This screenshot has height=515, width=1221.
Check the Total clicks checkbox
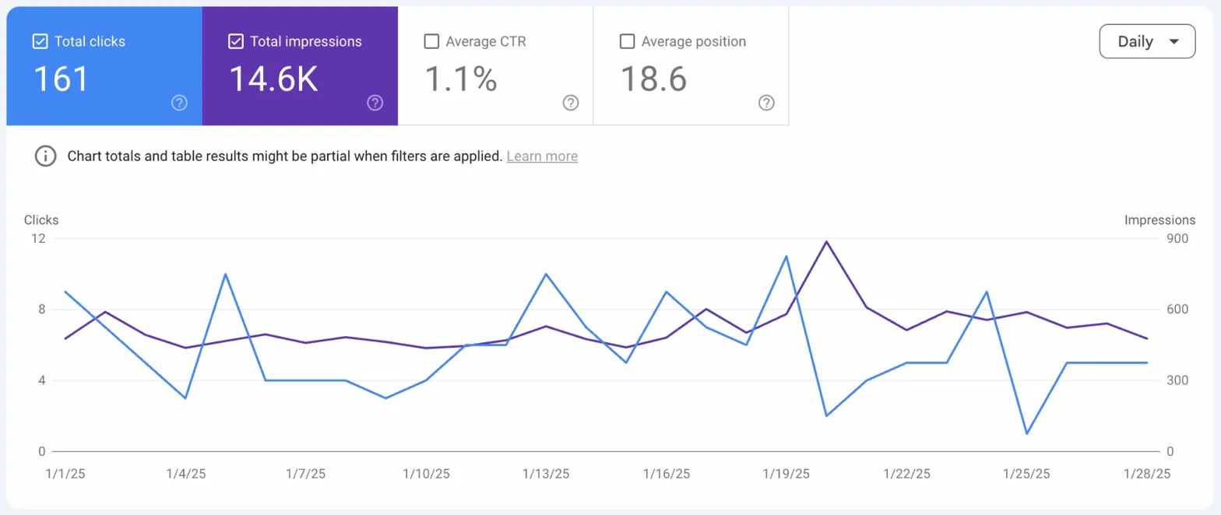point(40,41)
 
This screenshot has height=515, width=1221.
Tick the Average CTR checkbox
point(431,41)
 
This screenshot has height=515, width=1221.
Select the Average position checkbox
point(627,41)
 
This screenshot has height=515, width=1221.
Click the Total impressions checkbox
point(236,41)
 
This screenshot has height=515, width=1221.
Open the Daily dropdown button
point(1146,41)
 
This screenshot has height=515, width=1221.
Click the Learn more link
point(542,156)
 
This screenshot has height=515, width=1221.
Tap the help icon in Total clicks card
point(179,103)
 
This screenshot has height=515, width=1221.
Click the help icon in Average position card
point(766,103)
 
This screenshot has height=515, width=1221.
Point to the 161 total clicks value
point(61,79)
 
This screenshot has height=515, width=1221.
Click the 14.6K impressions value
point(273,79)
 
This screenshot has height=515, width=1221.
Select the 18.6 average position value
point(653,79)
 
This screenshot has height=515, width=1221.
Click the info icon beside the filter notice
point(45,156)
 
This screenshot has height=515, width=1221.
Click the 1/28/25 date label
point(1146,474)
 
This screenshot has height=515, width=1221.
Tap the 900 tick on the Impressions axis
point(1177,239)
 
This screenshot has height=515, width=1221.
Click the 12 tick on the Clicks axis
point(38,239)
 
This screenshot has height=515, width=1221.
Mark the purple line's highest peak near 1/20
point(826,241)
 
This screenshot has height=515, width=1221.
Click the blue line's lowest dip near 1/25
point(1026,433)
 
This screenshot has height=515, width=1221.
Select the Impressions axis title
point(1159,220)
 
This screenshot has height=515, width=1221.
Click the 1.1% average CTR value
point(461,79)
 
